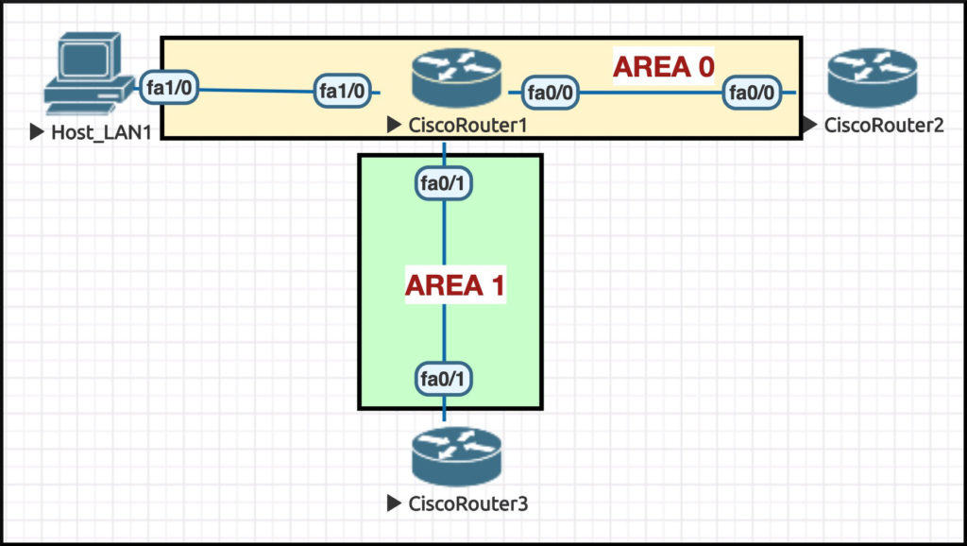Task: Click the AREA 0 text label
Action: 663,66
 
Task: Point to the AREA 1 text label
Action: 455,284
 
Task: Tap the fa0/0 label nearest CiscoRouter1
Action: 551,92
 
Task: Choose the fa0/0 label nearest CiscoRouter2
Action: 752,92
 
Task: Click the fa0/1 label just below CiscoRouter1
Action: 444,182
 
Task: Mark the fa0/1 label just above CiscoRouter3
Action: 444,379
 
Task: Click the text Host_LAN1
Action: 101,133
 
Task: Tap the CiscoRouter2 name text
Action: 883,125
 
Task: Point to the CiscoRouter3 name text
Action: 467,504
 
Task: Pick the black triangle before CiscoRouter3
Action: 394,504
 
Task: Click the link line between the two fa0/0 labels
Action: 652,93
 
